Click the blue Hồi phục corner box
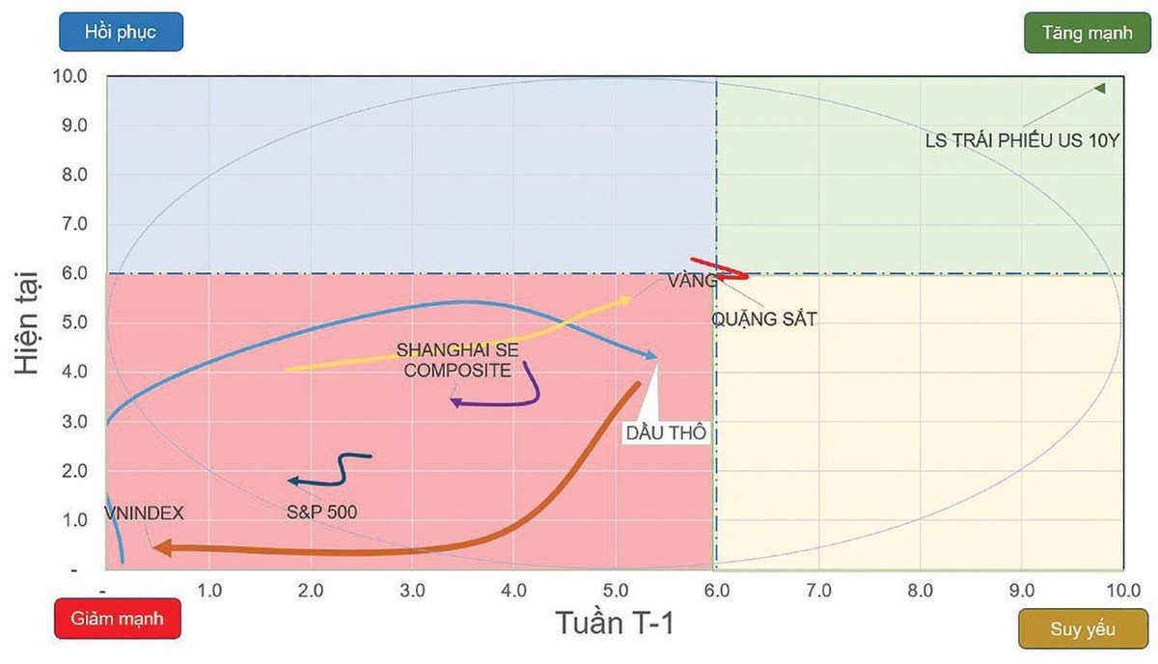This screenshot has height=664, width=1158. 120,32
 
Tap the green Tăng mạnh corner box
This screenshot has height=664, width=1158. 1087,32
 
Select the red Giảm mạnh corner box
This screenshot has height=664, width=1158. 117,618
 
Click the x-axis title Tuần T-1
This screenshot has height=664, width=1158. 614,622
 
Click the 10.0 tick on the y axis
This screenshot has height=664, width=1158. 74,76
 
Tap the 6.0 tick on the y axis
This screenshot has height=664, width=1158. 74,273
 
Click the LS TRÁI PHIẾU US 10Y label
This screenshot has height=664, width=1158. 1021,140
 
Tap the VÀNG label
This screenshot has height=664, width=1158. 692,281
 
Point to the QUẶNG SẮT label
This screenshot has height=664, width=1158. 763,318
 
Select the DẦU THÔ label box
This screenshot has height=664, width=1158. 666,433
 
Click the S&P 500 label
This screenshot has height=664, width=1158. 321,512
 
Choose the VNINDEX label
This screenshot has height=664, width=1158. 145,513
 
